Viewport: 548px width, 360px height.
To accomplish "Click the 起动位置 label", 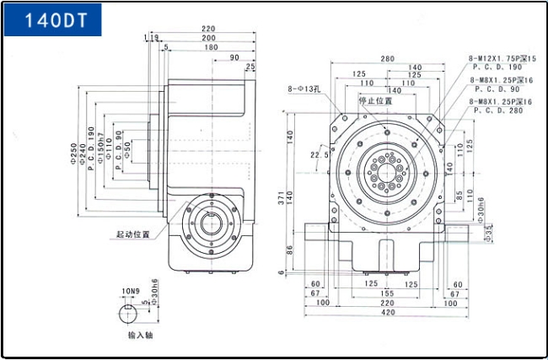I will click(x=133, y=234).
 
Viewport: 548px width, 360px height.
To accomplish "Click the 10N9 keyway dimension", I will click(x=130, y=291).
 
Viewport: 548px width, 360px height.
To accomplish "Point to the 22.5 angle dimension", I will click(x=320, y=155).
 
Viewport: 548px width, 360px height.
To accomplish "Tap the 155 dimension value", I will click(x=388, y=293).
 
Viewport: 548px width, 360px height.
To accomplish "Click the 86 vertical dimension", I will click(x=290, y=250).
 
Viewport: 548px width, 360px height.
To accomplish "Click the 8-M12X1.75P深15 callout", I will click(x=502, y=58).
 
